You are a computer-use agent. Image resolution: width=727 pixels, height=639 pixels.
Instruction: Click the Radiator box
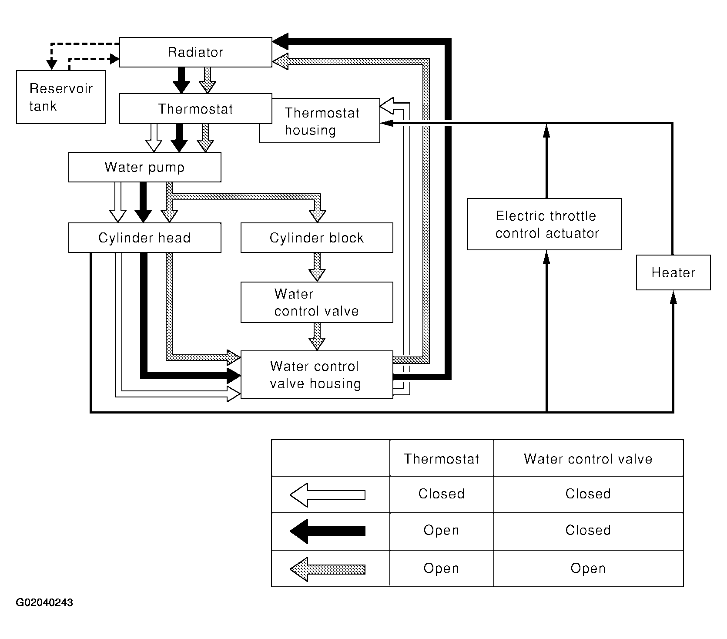[196, 52]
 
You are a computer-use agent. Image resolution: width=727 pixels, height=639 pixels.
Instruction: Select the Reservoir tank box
[61, 97]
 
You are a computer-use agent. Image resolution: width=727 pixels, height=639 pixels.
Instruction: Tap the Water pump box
[144, 167]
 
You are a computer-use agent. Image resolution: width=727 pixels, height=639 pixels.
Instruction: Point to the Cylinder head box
[144, 238]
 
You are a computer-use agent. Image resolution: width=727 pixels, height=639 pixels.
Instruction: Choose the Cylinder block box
[317, 238]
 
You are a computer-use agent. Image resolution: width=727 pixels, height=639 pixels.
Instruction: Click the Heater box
[673, 272]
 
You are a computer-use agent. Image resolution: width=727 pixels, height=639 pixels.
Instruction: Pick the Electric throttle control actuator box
[545, 224]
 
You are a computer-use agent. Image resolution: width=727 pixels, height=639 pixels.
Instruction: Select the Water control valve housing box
[317, 375]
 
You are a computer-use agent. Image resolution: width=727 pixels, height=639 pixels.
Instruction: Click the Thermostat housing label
[322, 121]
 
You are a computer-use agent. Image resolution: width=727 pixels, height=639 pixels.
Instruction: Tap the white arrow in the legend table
[328, 495]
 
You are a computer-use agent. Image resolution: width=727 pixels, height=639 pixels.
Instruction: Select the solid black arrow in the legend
[328, 531]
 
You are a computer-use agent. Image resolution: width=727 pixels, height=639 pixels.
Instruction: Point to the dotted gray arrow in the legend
[328, 569]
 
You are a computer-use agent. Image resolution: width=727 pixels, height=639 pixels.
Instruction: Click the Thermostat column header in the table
[442, 459]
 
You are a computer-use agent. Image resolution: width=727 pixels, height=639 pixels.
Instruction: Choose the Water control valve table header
[588, 459]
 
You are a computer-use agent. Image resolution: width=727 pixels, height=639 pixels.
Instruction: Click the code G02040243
[44, 603]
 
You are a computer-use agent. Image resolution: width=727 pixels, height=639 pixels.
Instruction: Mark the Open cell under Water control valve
[588, 568]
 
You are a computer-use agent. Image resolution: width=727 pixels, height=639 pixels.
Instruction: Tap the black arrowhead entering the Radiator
[281, 41]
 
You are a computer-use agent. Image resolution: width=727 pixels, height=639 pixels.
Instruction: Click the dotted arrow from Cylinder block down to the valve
[317, 267]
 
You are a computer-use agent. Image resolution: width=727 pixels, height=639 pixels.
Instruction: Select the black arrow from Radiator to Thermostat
[181, 81]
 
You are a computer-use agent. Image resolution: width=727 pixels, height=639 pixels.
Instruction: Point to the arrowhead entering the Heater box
[673, 297]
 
